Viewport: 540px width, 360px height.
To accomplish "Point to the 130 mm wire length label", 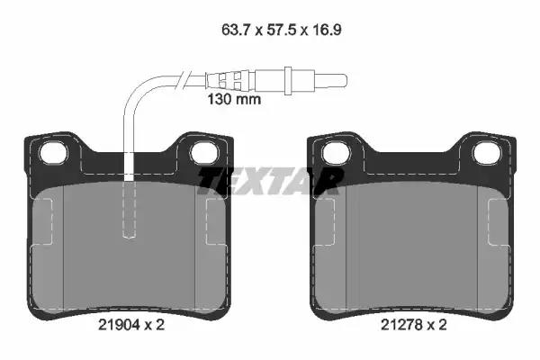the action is pyautogui.click(x=234, y=100).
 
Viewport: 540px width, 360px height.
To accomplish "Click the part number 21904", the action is pyautogui.click(x=119, y=325).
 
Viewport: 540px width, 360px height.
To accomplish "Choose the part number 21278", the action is pyautogui.click(x=401, y=325).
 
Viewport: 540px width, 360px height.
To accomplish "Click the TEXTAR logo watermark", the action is pyautogui.click(x=271, y=182).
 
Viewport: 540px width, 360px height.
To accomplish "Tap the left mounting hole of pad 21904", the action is pyautogui.click(x=53, y=153).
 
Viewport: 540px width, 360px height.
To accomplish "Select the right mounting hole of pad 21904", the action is pyautogui.click(x=204, y=153).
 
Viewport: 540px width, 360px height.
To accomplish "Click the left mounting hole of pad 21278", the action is pyautogui.click(x=336, y=153).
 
